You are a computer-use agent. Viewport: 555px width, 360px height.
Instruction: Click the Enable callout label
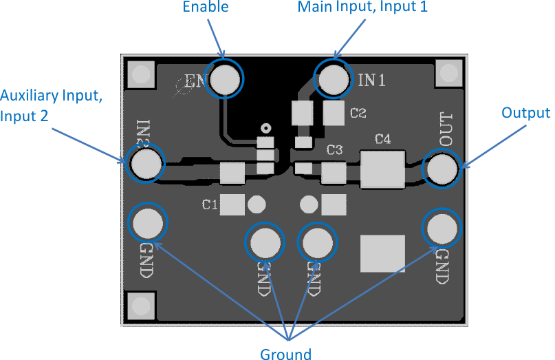pyautogui.click(x=206, y=8)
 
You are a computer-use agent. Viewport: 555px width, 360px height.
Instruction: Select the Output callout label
pyautogui.click(x=525, y=114)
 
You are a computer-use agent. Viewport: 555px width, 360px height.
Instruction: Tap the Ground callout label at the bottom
pyautogui.click(x=285, y=354)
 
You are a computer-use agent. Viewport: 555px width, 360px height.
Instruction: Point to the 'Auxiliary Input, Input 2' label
pyautogui.click(x=52, y=105)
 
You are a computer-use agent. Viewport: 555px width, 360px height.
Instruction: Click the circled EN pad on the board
pyautogui.click(x=226, y=80)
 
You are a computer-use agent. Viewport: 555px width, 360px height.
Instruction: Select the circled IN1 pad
pyautogui.click(x=334, y=78)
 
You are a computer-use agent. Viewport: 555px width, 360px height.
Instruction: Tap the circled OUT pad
pyautogui.click(x=442, y=169)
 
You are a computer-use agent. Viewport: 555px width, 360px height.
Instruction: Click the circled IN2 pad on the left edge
pyautogui.click(x=146, y=164)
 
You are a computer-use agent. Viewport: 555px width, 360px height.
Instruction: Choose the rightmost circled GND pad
pyautogui.click(x=440, y=227)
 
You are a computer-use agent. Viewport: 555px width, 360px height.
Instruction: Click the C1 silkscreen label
pyautogui.click(x=210, y=204)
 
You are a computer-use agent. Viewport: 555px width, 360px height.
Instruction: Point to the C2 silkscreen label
pyautogui.click(x=358, y=113)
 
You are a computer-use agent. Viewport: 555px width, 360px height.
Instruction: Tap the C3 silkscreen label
pyautogui.click(x=335, y=149)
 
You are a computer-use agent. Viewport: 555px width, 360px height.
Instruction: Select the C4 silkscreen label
pyautogui.click(x=382, y=140)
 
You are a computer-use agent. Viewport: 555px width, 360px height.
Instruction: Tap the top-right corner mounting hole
pyautogui.click(x=448, y=72)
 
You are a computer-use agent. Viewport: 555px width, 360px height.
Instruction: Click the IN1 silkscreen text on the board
pyautogui.click(x=371, y=81)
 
